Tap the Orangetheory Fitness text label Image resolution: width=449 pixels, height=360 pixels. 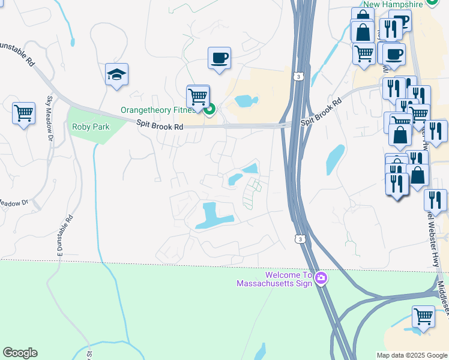158,110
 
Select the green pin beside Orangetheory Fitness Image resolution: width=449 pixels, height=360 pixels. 209,109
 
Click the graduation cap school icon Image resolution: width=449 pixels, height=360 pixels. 116,75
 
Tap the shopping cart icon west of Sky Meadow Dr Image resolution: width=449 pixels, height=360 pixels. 23,113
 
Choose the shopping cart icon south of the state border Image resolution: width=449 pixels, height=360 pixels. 423,317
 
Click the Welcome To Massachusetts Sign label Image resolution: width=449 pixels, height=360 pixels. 274,279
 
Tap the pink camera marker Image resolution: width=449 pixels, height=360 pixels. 321,278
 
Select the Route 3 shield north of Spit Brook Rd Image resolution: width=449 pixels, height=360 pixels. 298,77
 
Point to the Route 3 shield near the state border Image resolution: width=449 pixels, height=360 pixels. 299,239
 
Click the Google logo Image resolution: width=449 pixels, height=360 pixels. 20,353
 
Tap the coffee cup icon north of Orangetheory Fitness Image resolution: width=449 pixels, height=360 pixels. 219,58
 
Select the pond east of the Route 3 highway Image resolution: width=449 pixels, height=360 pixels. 334,158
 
